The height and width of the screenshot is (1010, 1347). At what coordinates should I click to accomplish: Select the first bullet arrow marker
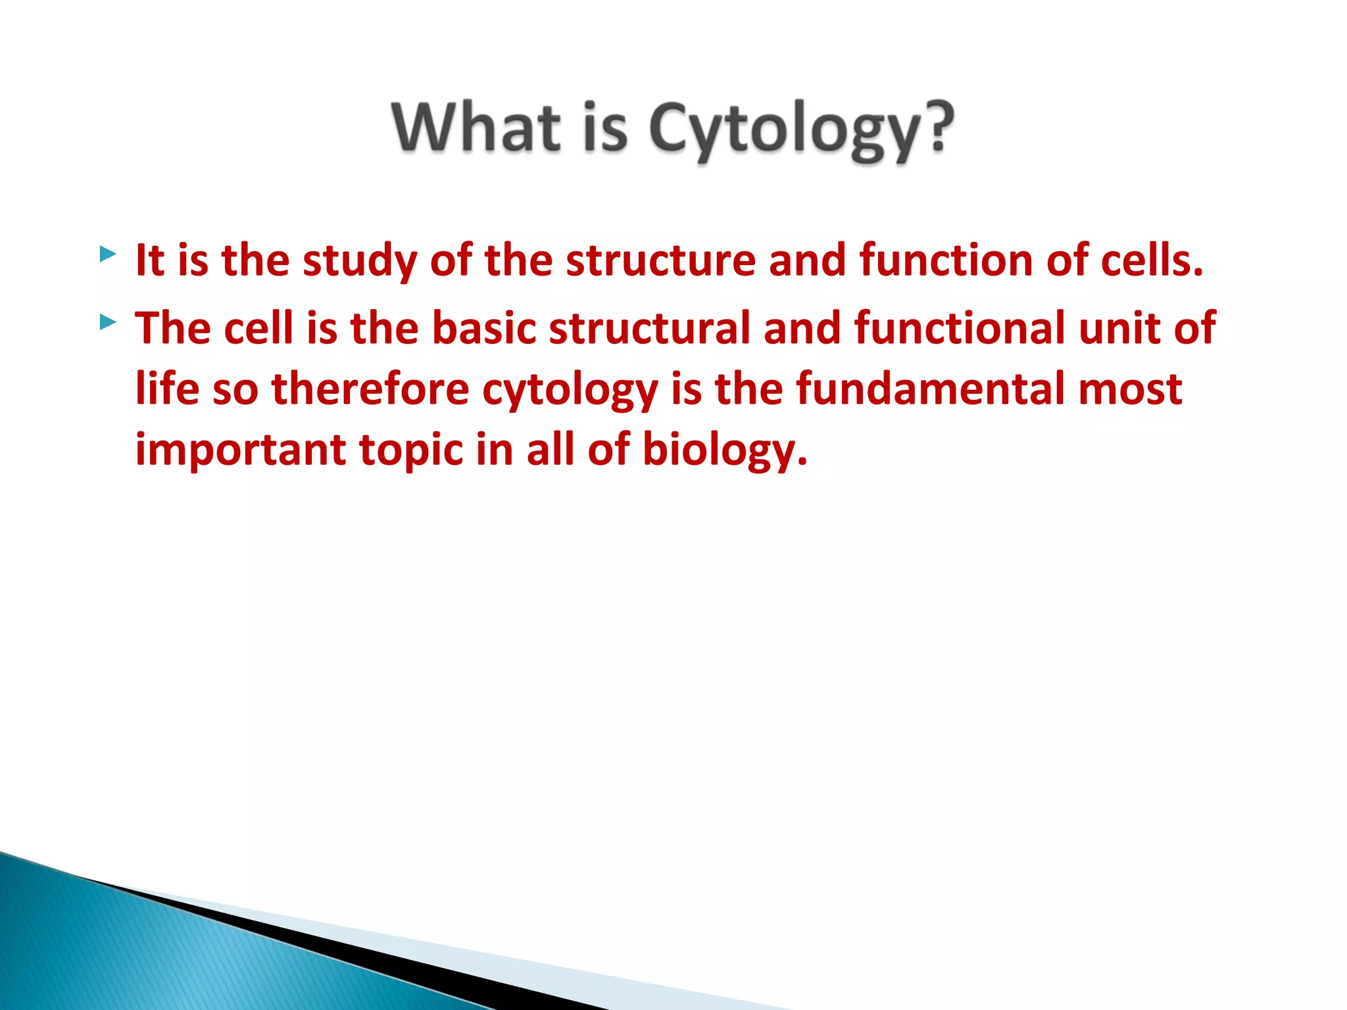coord(108,254)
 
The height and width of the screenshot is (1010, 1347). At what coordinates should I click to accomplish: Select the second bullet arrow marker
coord(108,322)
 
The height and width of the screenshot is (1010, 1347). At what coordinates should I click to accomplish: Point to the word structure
coord(660,261)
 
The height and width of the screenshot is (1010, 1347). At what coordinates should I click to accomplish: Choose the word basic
coord(483,328)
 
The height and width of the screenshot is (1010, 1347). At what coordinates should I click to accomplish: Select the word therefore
coord(370,389)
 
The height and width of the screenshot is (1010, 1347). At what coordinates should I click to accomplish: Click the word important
coord(241,450)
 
